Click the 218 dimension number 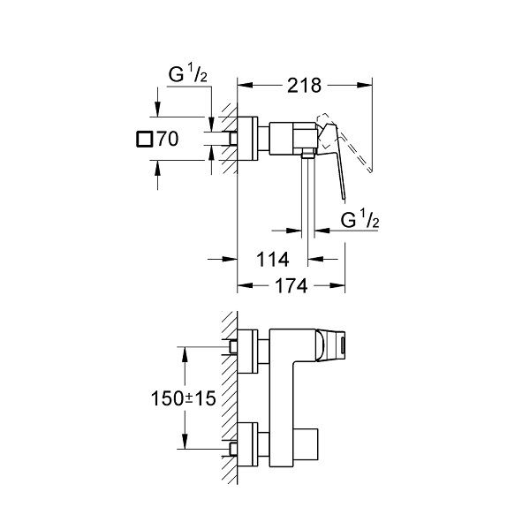[x=304, y=86]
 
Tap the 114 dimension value [x=273, y=260]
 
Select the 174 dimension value [x=291, y=286]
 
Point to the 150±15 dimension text [x=183, y=398]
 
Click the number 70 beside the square [x=168, y=139]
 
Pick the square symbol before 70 [x=144, y=139]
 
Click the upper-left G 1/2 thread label [x=188, y=74]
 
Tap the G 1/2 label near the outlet [x=360, y=219]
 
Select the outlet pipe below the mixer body [x=307, y=196]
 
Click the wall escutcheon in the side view [x=247, y=139]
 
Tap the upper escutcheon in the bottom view [x=247, y=352]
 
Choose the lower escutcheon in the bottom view [x=247, y=444]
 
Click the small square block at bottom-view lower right [x=306, y=444]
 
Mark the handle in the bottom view [x=330, y=345]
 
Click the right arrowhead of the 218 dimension [x=365, y=86]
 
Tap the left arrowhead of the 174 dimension [x=245, y=286]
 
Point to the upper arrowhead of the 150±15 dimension [x=185, y=354]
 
